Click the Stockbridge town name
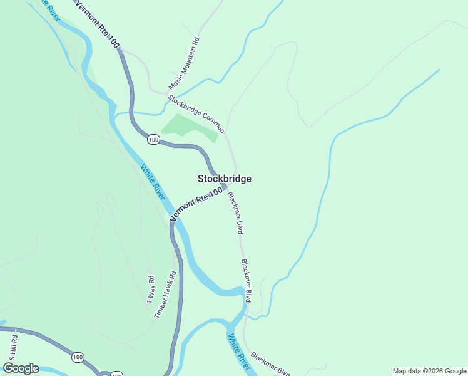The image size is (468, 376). point(225,179)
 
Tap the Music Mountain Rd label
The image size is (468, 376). point(184,65)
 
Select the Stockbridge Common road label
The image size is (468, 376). point(196,113)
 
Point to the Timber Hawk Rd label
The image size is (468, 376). point(165,295)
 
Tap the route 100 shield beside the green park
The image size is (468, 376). point(153,140)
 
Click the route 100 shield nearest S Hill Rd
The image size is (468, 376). point(77,357)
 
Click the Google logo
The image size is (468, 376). point(21,368)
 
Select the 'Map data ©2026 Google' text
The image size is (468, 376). point(429,371)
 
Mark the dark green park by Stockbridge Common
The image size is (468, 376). point(188,128)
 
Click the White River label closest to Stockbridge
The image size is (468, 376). point(153,182)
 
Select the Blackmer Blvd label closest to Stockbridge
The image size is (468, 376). point(235,213)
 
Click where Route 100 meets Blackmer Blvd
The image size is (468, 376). point(223,186)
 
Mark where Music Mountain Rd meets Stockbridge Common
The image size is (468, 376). point(167,93)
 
